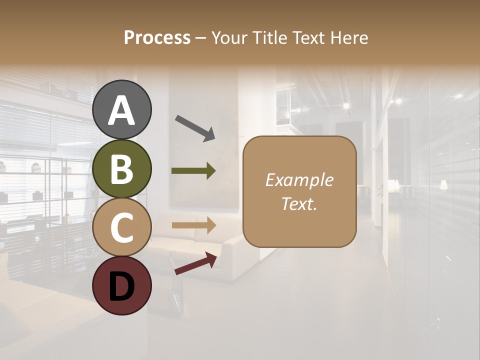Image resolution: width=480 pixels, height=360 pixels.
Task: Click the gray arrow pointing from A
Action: click(x=195, y=127)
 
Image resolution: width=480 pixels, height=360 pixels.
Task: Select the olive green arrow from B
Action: click(x=193, y=171)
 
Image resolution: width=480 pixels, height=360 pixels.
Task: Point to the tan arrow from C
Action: click(x=193, y=225)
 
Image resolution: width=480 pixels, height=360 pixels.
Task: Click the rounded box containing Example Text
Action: click(x=299, y=192)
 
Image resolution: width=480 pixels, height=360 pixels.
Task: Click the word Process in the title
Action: click(x=157, y=37)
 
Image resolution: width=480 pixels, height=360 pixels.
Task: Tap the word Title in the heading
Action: click(x=267, y=37)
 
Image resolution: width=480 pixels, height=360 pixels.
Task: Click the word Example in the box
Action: click(x=299, y=180)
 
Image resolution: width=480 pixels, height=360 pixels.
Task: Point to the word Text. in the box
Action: click(x=299, y=204)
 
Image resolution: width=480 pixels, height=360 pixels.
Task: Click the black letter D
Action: click(x=122, y=286)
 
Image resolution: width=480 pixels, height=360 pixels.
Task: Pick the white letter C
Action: click(x=122, y=227)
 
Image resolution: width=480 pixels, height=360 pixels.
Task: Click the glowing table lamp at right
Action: click(x=443, y=185)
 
